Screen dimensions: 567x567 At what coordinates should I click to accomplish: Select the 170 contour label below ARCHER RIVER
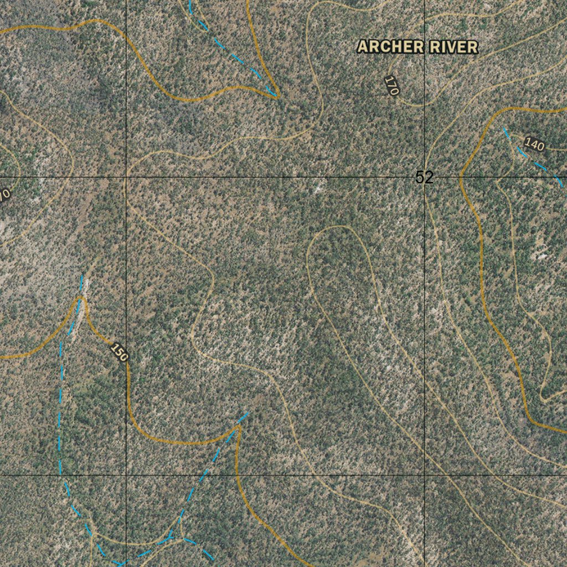(x=391, y=86)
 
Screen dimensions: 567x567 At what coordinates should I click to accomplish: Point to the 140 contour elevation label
(x=534, y=145)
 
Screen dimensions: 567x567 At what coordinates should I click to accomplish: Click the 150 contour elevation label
(x=119, y=352)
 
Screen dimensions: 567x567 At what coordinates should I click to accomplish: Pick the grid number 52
(x=424, y=177)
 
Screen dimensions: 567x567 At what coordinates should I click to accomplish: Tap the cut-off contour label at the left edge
(x=4, y=195)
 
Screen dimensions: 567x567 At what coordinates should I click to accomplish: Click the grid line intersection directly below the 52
(x=425, y=475)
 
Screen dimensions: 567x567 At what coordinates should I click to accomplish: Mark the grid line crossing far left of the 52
(x=127, y=177)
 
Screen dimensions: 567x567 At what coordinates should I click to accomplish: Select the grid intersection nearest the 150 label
(x=127, y=475)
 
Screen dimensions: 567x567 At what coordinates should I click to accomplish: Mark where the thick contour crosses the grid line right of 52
(x=461, y=177)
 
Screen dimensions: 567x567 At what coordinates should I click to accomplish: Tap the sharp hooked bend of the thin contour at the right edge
(x=543, y=399)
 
